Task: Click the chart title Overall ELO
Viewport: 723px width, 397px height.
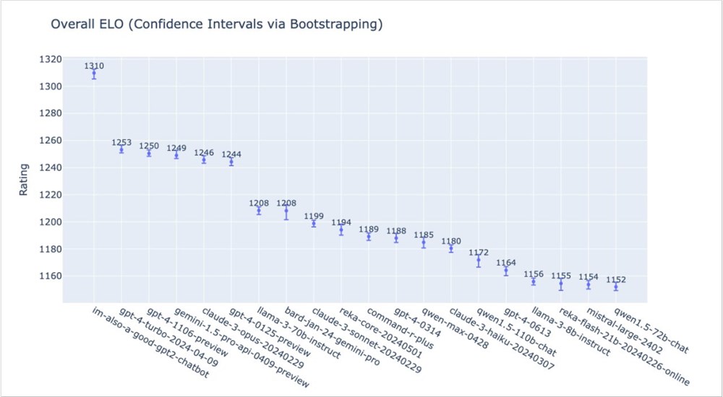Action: (x=216, y=25)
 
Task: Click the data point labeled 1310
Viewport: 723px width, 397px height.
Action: (x=94, y=73)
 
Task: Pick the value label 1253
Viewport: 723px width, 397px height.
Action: (x=121, y=143)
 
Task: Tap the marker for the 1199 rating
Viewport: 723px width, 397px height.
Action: (x=314, y=223)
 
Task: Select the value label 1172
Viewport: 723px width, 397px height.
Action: (x=479, y=253)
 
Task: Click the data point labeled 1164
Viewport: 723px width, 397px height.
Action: (x=506, y=271)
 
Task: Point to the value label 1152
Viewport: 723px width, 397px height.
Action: (x=616, y=279)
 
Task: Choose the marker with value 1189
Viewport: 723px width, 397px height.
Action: (x=369, y=236)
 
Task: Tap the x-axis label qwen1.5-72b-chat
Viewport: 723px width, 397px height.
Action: (x=650, y=329)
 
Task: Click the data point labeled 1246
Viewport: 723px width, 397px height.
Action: (x=204, y=160)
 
